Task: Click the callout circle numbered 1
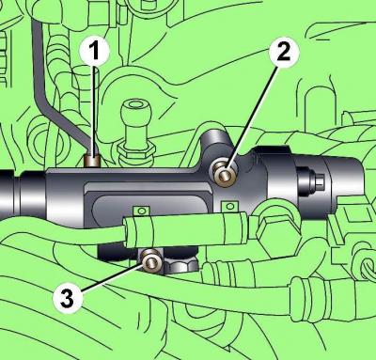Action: click(x=94, y=51)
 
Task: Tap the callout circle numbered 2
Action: click(x=284, y=52)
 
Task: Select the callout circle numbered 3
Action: click(x=68, y=298)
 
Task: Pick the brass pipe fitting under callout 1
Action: click(x=92, y=162)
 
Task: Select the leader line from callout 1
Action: click(x=93, y=111)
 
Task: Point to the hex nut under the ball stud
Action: click(x=135, y=150)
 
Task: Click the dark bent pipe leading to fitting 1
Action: click(x=59, y=91)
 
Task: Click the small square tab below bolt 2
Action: click(x=229, y=206)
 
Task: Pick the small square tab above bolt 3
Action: click(x=142, y=211)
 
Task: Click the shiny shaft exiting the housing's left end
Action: click(x=23, y=196)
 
